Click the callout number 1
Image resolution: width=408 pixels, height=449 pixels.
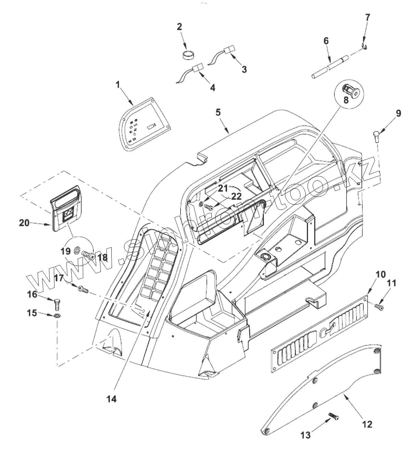pos(118,85)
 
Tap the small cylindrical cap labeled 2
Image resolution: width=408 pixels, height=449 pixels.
pos(188,55)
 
